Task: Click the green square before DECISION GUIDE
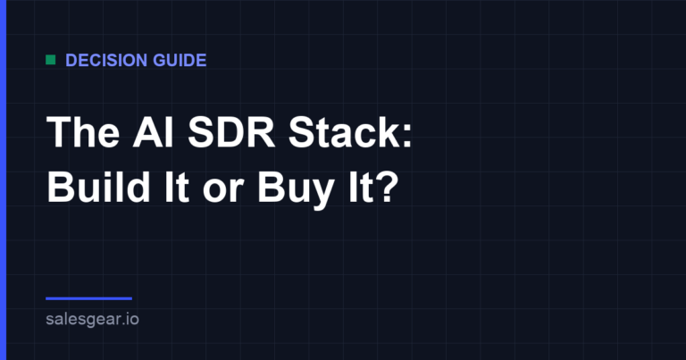pyautogui.click(x=51, y=60)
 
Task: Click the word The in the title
pyautogui.click(x=83, y=132)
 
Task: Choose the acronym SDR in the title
pyautogui.click(x=231, y=132)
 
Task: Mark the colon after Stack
pyautogui.click(x=407, y=136)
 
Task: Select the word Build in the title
pyautogui.click(x=98, y=187)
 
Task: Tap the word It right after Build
pyautogui.click(x=177, y=188)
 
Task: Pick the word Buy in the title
pyautogui.click(x=296, y=190)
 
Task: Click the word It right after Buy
pyautogui.click(x=361, y=188)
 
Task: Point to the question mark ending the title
pyautogui.click(x=388, y=187)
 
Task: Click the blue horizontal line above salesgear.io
pyautogui.click(x=88, y=298)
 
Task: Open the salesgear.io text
pyautogui.click(x=92, y=319)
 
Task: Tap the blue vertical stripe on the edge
pyautogui.click(x=3, y=180)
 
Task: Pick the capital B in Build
pyautogui.click(x=60, y=188)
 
